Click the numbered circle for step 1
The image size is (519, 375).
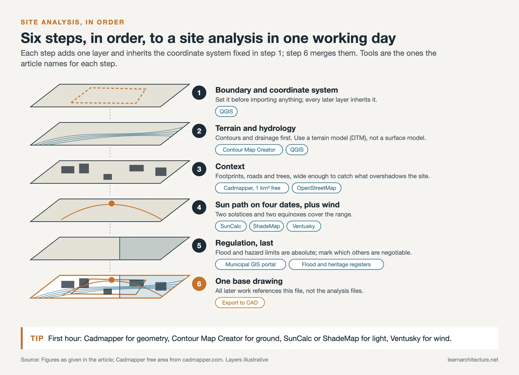199,93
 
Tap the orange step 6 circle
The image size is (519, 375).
199,284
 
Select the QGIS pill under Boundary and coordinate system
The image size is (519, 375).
226,111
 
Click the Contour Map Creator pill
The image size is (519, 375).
249,150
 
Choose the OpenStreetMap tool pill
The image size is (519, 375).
316,188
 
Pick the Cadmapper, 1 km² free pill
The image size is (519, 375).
252,188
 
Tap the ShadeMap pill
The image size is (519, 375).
266,226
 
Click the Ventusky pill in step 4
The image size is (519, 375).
304,226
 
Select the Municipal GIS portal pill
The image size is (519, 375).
250,265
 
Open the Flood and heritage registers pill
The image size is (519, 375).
336,265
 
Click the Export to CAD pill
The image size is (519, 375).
240,302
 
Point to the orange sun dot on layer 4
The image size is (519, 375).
112,203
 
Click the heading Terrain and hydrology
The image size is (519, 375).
255,128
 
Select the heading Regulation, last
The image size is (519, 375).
244,243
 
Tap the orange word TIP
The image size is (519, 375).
37,338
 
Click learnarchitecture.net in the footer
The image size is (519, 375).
473,360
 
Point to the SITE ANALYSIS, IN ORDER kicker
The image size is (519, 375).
72,22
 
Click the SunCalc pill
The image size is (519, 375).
231,226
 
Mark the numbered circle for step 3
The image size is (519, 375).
199,169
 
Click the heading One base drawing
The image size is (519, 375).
249,281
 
